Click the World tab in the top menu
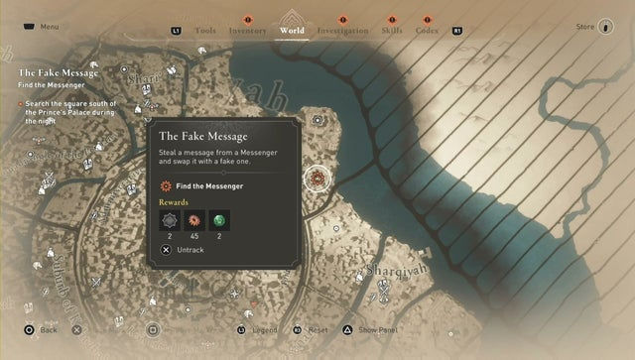pos(292,31)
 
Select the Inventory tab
pos(247,31)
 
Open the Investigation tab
pos(342,31)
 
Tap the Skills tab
pos(392,31)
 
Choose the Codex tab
pos(428,31)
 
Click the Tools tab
pos(205,31)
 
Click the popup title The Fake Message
pos(203,136)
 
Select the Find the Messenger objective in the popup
pos(208,185)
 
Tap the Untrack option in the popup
pos(190,251)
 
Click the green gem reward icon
pos(218,220)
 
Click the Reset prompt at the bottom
pos(317,329)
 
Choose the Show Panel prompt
pos(377,329)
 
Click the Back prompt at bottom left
pos(49,329)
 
